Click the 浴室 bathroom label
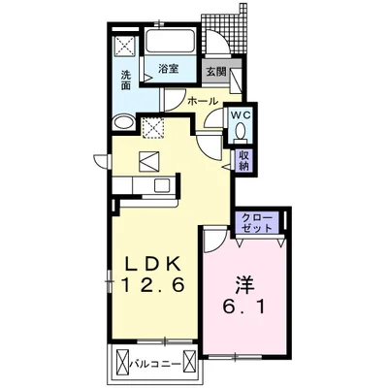coord(169,69)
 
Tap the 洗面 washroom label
coord(126,81)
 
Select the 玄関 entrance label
coord(215,72)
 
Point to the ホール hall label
coord(203,101)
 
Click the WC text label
coord(241,114)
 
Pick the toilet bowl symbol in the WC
coord(241,133)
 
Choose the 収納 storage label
coord(244,160)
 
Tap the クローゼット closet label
coord(257,222)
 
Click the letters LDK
coord(152,265)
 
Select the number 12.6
coord(153,285)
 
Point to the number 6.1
coord(243,307)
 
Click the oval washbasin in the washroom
coord(123,123)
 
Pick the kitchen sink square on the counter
coord(161,185)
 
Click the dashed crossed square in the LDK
coord(152,127)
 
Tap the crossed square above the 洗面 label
coord(124,46)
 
